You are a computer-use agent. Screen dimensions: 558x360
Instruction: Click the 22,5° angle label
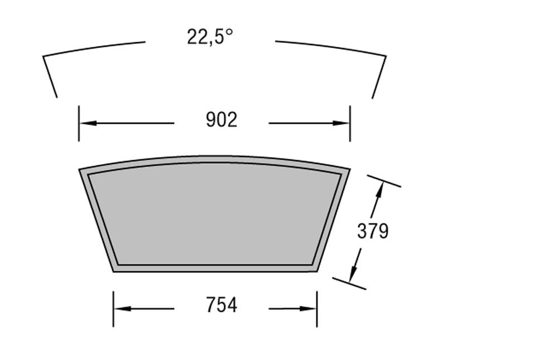[x=210, y=37]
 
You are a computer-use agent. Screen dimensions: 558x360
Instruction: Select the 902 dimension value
[x=222, y=120]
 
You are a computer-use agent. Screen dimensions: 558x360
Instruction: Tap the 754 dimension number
[x=222, y=305]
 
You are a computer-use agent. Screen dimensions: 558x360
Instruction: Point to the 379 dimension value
[x=373, y=231]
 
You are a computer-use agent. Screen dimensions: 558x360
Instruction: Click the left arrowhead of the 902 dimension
[x=88, y=123]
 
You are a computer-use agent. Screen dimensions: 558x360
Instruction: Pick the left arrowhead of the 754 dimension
[x=123, y=308]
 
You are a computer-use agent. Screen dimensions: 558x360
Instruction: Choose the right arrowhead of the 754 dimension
[x=308, y=308]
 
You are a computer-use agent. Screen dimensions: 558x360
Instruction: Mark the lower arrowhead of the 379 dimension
[x=353, y=273]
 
